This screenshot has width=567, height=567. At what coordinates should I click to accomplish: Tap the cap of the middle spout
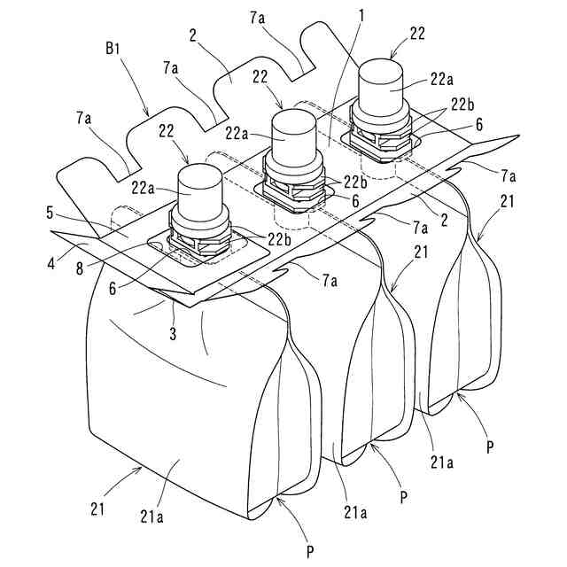[291, 137]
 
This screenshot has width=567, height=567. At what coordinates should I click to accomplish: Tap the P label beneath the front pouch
[310, 552]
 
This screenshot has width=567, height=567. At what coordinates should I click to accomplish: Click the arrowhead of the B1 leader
[149, 116]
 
